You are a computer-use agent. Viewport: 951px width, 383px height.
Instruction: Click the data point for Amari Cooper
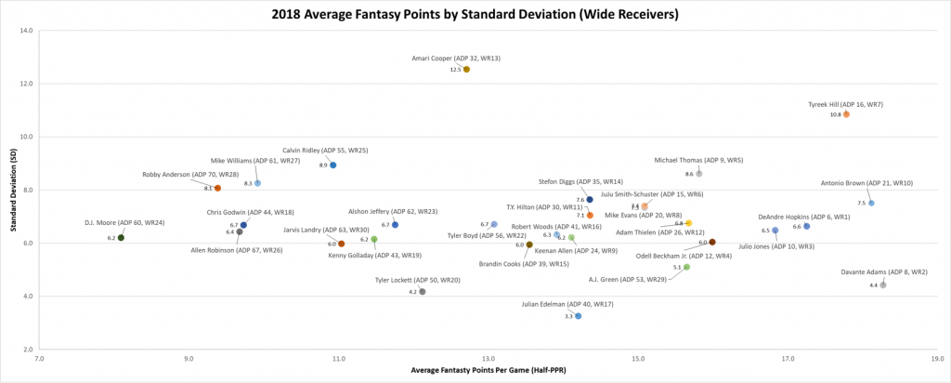tap(466, 70)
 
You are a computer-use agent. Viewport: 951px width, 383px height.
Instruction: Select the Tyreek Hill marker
tap(846, 114)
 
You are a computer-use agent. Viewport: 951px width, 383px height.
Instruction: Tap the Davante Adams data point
tap(882, 284)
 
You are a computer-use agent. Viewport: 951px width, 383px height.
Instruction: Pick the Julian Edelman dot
tap(578, 316)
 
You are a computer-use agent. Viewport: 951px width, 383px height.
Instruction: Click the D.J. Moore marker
tap(121, 238)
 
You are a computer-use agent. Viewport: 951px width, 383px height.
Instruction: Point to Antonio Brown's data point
tap(871, 203)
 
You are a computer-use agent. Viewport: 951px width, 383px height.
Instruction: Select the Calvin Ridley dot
tap(333, 165)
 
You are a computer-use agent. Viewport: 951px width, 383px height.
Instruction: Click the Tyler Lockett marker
tap(423, 292)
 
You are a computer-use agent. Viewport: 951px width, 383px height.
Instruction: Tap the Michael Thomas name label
tap(698, 160)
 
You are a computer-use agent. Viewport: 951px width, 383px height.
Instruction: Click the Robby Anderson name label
tap(190, 175)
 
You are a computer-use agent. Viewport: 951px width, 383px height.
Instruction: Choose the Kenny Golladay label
tap(375, 256)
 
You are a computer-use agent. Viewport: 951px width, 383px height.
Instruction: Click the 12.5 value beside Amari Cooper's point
tap(455, 70)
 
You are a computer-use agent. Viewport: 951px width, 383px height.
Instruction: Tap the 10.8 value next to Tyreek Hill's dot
tap(835, 114)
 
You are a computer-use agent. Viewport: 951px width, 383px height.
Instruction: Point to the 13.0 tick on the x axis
tap(489, 358)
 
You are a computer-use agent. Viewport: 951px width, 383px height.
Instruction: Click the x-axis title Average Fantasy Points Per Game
tap(488, 372)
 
